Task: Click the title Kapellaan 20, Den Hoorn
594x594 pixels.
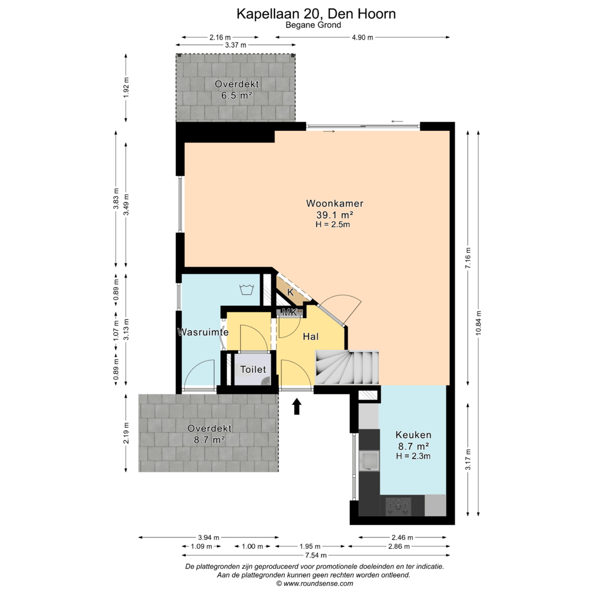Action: point(316,14)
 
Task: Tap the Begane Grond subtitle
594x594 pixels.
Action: point(313,25)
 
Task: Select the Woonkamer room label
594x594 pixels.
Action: point(334,204)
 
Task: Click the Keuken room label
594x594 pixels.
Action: point(413,435)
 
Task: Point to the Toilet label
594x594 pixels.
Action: point(253,370)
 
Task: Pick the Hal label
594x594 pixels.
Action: point(311,337)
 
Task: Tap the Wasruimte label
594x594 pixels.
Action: point(203,332)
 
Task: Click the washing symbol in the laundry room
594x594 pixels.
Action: point(246,289)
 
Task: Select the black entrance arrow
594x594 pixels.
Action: point(297,406)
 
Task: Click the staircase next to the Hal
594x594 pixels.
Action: point(348,367)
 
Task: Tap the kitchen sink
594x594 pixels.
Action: point(369,461)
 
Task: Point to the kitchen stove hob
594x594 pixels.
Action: point(398,506)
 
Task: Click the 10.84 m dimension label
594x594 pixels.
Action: point(479,323)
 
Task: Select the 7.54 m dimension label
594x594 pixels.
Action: point(316,555)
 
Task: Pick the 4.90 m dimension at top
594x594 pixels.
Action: point(362,37)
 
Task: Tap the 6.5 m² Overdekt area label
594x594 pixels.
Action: point(237,96)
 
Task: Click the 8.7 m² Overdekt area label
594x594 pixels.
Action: point(210,440)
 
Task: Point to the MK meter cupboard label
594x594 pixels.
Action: point(290,312)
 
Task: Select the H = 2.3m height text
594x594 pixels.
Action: point(413,456)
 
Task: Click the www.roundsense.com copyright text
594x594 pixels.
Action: point(315,584)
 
